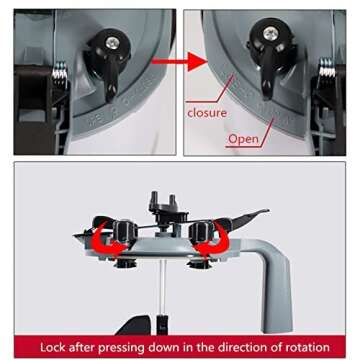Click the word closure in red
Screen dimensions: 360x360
[207, 113]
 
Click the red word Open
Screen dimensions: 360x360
[243, 139]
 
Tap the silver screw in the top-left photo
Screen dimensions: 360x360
[112, 42]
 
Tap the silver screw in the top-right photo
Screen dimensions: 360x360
[270, 34]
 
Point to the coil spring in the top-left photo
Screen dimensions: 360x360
[60, 70]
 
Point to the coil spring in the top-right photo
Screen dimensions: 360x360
[327, 68]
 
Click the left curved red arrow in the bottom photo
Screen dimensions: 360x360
[107, 242]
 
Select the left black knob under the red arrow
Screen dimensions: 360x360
[125, 230]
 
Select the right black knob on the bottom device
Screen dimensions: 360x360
[201, 230]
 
